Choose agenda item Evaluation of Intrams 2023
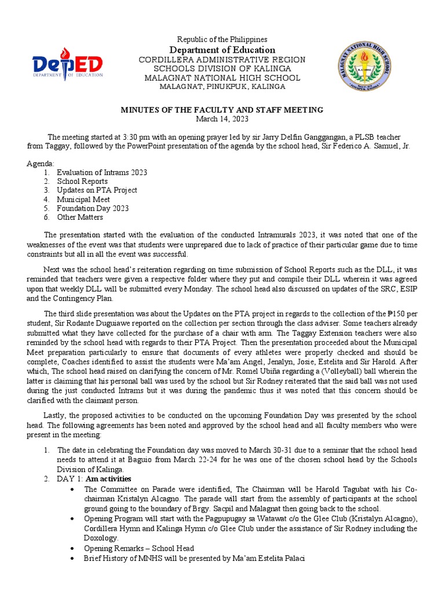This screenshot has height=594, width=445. pos(101,173)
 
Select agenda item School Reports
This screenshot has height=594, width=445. pos(82,182)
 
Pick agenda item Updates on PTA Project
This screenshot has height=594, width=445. pos(97,190)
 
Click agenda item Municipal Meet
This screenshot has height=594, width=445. pos(83,200)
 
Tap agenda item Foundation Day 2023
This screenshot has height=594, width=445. pos(93,208)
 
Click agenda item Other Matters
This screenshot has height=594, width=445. pos(80,217)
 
